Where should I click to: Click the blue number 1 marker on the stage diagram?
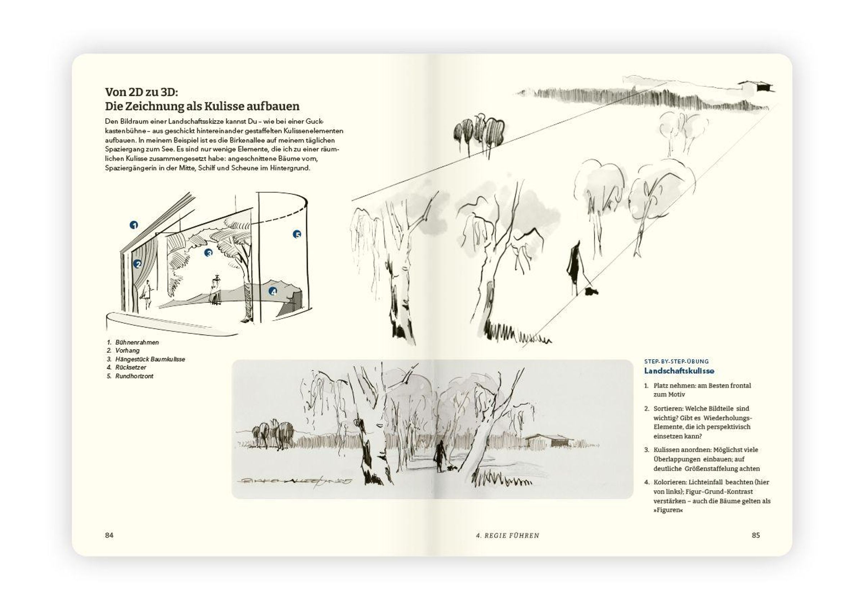pyautogui.click(x=134, y=225)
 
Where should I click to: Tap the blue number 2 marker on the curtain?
pyautogui.click(x=138, y=264)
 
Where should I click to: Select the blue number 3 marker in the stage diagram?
pyautogui.click(x=208, y=252)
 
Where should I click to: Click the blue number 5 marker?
pyautogui.click(x=297, y=234)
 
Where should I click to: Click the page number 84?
pyautogui.click(x=109, y=535)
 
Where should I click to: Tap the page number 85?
pyautogui.click(x=756, y=535)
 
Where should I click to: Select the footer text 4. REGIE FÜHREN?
pyautogui.click(x=508, y=535)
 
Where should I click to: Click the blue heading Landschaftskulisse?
pyautogui.click(x=679, y=371)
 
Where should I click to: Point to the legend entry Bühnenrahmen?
pyautogui.click(x=137, y=342)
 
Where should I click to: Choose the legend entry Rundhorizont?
pyautogui.click(x=134, y=376)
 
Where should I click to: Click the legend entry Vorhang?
pyautogui.click(x=127, y=350)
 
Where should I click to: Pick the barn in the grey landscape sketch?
pyautogui.click(x=549, y=440)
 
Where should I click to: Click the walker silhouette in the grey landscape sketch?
pyautogui.click(x=439, y=456)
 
